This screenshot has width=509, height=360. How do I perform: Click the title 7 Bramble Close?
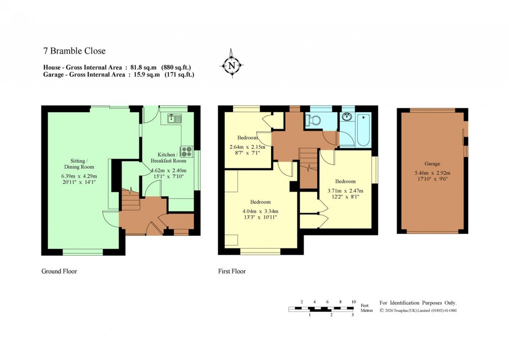tap(74, 50)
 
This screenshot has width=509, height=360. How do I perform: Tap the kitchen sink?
tap(174, 118)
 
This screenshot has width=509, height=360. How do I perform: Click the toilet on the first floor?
tap(314, 120)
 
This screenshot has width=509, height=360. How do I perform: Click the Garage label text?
tap(432, 164)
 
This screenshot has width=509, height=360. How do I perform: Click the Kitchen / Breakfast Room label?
tap(172, 157)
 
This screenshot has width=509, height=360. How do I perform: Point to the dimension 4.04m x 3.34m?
tap(260, 210)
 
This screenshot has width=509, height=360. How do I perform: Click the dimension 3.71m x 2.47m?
tap(345, 190)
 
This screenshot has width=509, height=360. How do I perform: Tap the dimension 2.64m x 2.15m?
tap(248, 147)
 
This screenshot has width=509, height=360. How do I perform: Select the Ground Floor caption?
tap(59, 272)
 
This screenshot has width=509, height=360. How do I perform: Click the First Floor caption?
tap(232, 272)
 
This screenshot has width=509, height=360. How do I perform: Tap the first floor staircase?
tap(308, 165)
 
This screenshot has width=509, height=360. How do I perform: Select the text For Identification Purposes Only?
tap(418, 303)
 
